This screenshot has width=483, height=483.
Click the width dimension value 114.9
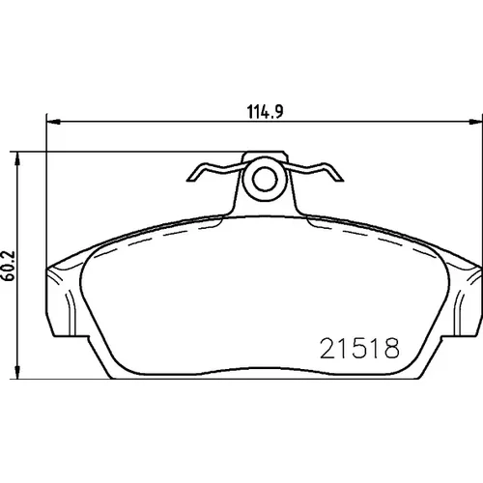pyautogui.click(x=266, y=111)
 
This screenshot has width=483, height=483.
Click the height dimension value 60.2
pyautogui.click(x=9, y=266)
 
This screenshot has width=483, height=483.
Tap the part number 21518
pyautogui.click(x=359, y=349)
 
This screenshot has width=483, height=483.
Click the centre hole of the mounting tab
pyautogui.click(x=265, y=179)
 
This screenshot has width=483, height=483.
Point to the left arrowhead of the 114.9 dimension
pyautogui.click(x=53, y=122)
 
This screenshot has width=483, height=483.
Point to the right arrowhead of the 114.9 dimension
pyautogui.click(x=476, y=122)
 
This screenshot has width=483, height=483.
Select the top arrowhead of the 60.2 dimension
pyautogui.click(x=18, y=158)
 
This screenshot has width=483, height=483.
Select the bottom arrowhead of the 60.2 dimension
pyautogui.click(x=18, y=372)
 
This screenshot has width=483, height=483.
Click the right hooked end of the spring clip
pyautogui.click(x=335, y=173)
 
